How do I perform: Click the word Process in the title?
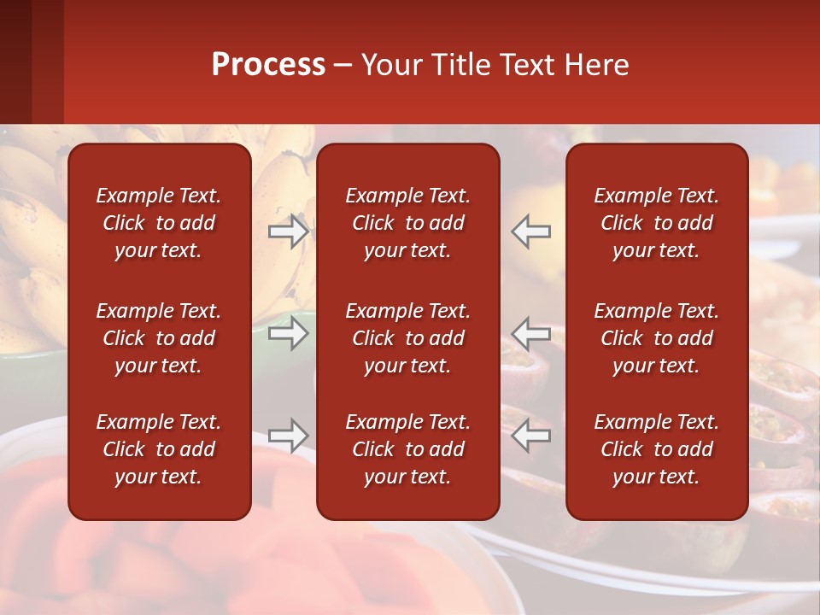[268, 65]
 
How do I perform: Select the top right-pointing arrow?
[288, 231]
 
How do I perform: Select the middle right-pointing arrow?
[288, 333]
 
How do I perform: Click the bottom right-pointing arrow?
[288, 436]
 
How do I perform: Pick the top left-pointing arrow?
[531, 231]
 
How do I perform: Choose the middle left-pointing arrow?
[531, 333]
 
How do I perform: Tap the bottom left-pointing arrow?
[531, 436]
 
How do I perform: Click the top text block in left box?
[159, 223]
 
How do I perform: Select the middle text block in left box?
[159, 338]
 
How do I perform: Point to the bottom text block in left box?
[159, 449]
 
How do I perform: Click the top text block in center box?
[407, 223]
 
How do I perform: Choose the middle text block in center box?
[407, 338]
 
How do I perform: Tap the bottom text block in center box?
[407, 449]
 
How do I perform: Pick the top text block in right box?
[656, 223]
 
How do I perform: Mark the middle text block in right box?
[656, 338]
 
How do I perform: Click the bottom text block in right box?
[656, 449]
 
